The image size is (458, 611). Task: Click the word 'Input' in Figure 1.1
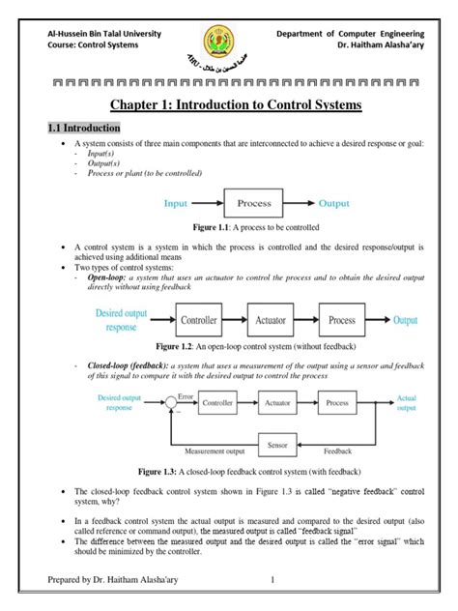175,204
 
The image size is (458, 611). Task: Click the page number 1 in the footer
273,580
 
